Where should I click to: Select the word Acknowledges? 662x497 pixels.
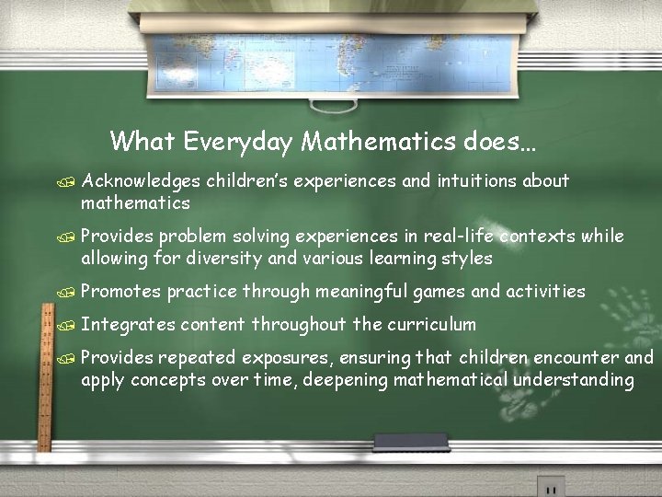(141, 181)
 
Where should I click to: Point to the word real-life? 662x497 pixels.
(457, 237)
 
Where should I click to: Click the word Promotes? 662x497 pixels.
(120, 292)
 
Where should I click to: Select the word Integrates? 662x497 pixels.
(128, 324)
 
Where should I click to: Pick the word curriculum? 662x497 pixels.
(431, 324)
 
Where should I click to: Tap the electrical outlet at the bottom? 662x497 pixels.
(551, 486)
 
